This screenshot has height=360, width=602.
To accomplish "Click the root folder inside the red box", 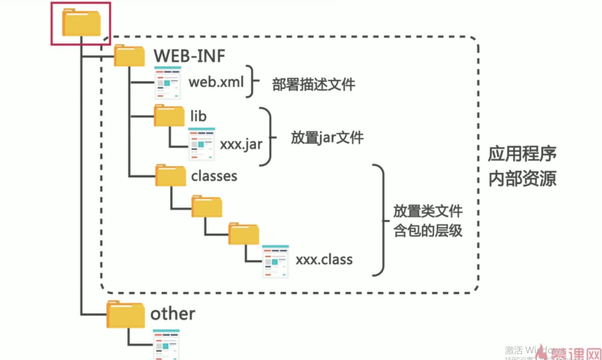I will click(81, 23).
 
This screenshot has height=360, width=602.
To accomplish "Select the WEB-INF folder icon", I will click(129, 56).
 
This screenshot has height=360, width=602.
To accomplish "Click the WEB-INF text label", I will click(189, 56).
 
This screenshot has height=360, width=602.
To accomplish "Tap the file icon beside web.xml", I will click(168, 83).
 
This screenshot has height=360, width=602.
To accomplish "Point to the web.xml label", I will click(216, 82).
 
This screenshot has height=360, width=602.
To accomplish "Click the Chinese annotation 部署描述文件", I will click(313, 85).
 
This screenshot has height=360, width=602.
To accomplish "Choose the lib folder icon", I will click(169, 116).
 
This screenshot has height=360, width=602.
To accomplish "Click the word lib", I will click(198, 116).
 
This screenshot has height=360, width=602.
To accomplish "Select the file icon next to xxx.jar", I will click(201, 144).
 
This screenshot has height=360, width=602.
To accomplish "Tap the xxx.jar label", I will click(241, 144).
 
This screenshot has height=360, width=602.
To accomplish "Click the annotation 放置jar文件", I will click(327, 138).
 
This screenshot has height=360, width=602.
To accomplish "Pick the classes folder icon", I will click(170, 176).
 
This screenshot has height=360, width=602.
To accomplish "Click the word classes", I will click(214, 176).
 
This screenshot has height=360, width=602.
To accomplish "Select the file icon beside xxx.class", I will click(275, 261).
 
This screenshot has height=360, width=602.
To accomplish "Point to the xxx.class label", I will click(324, 259).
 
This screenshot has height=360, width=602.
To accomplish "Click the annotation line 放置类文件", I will click(428, 211).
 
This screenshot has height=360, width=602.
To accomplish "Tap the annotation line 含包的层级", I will click(428, 231).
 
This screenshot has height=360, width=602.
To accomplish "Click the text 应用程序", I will click(522, 154).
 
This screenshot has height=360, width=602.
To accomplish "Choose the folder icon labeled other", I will click(126, 314).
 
